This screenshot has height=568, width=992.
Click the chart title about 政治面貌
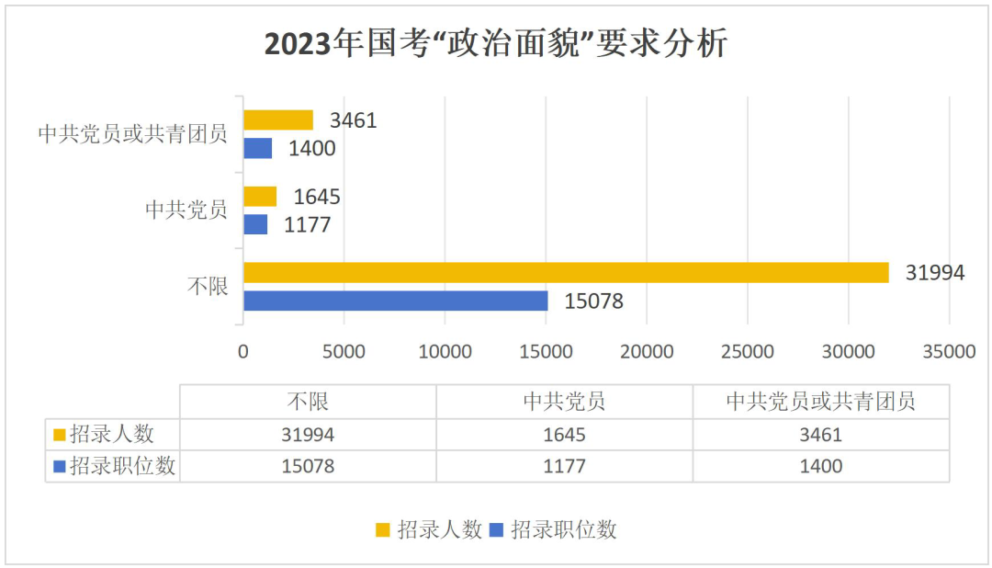(496, 44)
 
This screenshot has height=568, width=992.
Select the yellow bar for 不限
(566, 273)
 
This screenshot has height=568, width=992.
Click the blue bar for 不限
(396, 301)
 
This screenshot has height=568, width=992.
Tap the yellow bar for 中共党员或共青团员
(278, 120)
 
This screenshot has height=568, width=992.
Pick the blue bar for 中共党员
(255, 224)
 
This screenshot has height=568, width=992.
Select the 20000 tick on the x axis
(647, 352)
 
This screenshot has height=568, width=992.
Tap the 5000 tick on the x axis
(344, 352)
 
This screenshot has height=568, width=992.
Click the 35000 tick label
(948, 352)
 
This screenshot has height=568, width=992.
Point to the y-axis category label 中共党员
(186, 210)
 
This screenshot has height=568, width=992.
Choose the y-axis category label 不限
(208, 286)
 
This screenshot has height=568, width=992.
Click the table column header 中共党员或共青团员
(821, 402)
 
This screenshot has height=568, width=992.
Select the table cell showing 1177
(564, 467)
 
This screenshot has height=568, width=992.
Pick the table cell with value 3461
(821, 435)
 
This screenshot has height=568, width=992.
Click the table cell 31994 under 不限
(308, 435)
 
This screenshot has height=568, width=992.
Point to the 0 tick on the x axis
(243, 352)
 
